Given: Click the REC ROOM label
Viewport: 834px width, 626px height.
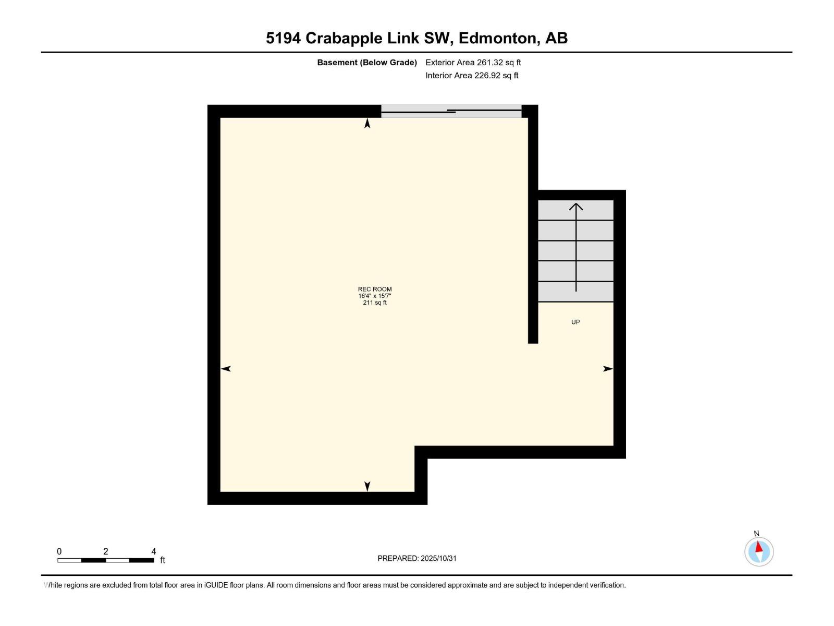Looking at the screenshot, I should (x=374, y=289).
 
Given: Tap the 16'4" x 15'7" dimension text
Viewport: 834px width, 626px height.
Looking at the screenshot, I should (x=374, y=296).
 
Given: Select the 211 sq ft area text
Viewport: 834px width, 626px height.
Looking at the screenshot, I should (x=374, y=303).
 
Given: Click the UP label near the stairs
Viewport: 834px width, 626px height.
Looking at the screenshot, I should (x=575, y=322).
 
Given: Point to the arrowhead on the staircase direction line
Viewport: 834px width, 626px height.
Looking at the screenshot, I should (x=576, y=206).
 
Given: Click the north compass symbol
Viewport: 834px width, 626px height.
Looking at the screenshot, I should (x=759, y=551).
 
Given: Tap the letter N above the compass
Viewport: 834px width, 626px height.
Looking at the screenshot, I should (x=757, y=533).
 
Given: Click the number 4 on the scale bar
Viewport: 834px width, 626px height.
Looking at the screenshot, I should (x=153, y=551).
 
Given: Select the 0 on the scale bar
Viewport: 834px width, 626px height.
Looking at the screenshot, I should (x=59, y=551).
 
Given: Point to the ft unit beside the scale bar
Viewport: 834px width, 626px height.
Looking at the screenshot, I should (x=163, y=560).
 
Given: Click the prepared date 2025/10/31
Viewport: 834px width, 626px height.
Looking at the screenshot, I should (x=438, y=558).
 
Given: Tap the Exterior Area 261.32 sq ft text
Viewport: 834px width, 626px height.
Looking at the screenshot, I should (x=473, y=63).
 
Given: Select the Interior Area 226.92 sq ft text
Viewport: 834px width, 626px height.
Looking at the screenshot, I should (x=472, y=76).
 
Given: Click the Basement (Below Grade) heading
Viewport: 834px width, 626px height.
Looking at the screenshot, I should (x=367, y=63).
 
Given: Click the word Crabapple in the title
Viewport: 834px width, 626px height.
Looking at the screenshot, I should (x=344, y=38).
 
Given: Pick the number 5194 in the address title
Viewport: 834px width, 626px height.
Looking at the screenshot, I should (x=283, y=38).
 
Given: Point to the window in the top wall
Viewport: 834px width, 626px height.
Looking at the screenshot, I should (x=451, y=111).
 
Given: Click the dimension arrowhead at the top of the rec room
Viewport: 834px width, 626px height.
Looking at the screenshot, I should (x=367, y=123).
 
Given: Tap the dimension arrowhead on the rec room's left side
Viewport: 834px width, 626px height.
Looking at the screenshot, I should (x=226, y=369).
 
